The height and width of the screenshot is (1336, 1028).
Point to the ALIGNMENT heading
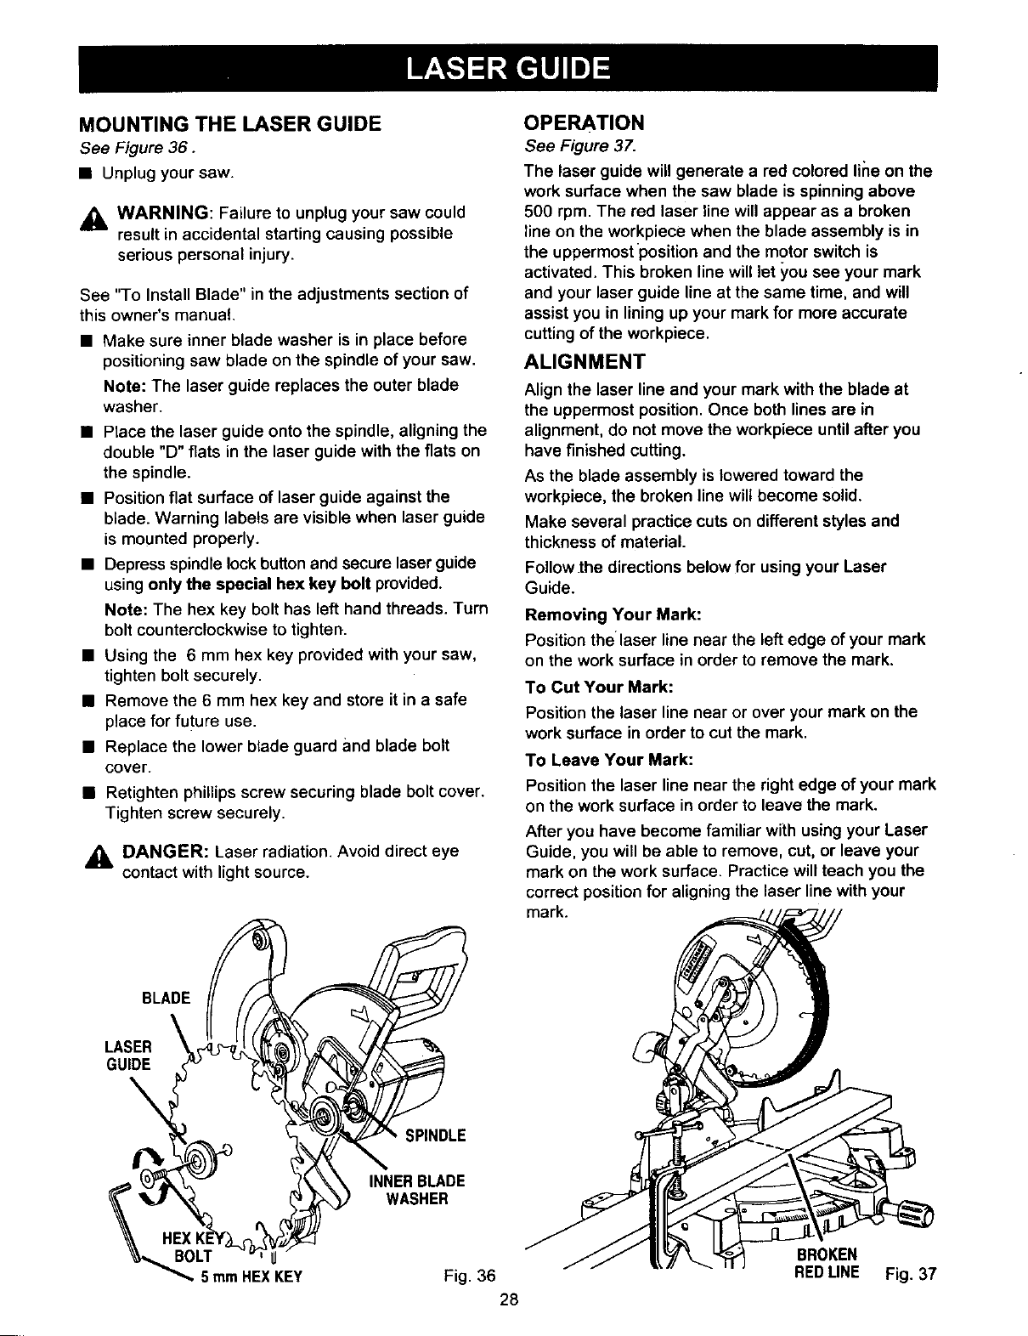[585, 362]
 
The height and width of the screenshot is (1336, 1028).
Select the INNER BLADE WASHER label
[416, 1190]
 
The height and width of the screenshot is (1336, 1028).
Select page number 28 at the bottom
[510, 1300]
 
